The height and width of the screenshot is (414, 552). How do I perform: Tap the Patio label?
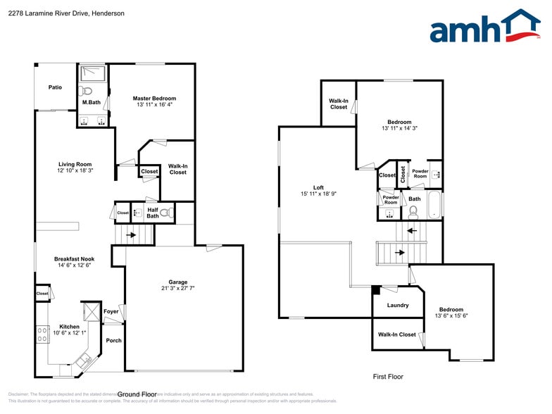point(55,87)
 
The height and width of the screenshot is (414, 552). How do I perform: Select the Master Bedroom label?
point(154,98)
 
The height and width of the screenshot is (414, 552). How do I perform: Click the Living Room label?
point(75,164)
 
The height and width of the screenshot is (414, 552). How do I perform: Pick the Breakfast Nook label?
point(74,259)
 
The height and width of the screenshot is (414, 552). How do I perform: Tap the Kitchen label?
point(69,326)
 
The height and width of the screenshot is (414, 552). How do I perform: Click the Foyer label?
point(111,311)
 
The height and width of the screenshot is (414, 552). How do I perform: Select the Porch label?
point(113,341)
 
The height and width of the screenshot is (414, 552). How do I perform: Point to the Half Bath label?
point(153,213)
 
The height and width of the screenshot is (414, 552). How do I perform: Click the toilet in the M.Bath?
point(86,91)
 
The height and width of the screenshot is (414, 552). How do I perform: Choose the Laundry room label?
point(398,305)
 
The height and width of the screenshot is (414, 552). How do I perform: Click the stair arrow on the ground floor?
point(131,237)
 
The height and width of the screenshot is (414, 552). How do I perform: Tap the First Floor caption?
point(388,377)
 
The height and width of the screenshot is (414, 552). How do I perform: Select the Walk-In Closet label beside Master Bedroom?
point(177,169)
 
